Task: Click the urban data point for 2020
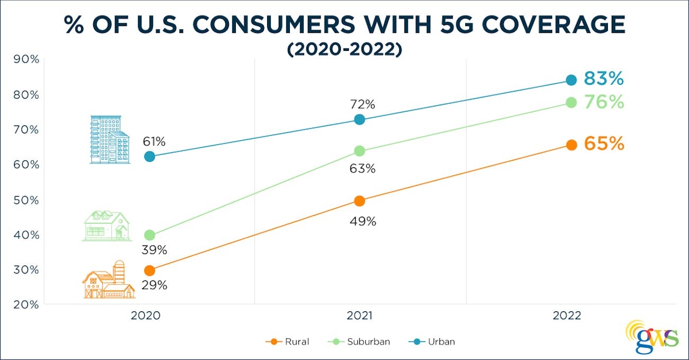[x=149, y=156]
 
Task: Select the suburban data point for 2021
[x=359, y=151]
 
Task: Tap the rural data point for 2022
[x=571, y=145]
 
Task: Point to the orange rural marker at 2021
[x=359, y=201]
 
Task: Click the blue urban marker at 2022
[x=571, y=80]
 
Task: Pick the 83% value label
[x=604, y=79]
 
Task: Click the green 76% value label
[x=604, y=102]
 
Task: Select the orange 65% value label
[x=604, y=144]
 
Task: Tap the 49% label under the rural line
[x=363, y=222]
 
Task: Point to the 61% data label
[x=154, y=142]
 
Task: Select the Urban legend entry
[x=432, y=341]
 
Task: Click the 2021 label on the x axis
[x=360, y=316]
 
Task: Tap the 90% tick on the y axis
[x=26, y=59]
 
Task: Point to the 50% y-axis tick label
[x=26, y=200]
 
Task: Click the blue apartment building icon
[x=109, y=139]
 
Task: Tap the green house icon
[x=107, y=226]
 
